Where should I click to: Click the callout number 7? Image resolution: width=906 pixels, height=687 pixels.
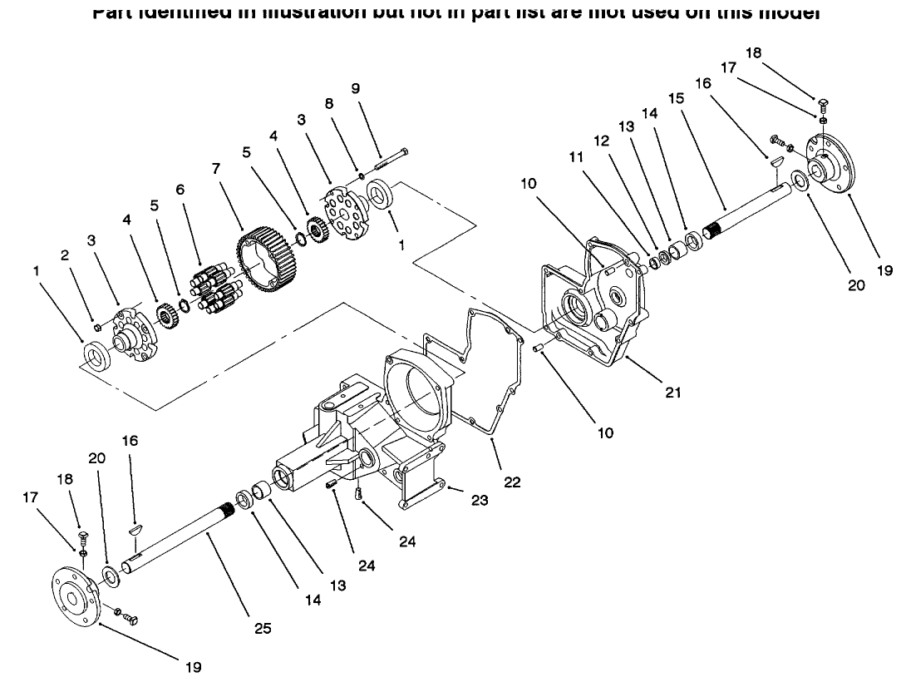216,168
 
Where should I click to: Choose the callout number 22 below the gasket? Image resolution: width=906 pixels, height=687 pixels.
512,482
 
